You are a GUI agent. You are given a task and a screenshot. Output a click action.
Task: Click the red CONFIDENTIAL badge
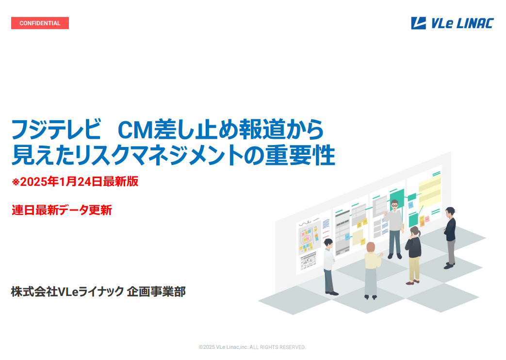(x=40, y=23)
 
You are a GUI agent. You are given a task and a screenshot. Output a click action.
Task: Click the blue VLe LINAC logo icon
(x=418, y=23)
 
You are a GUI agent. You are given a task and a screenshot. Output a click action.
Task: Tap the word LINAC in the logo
(x=475, y=23)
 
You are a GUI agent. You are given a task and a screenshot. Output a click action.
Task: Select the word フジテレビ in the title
(x=56, y=129)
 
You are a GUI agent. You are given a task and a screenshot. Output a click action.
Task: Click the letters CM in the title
(x=135, y=130)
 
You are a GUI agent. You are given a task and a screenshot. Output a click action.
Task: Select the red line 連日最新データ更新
(x=62, y=210)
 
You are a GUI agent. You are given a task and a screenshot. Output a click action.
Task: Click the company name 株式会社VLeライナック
(x=67, y=292)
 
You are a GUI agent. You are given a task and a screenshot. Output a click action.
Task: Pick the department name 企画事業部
(x=156, y=292)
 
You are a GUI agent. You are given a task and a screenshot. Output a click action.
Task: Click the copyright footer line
(x=252, y=347)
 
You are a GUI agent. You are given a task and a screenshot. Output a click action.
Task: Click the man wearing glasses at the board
(x=394, y=229)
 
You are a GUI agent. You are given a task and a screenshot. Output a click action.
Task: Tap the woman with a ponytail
(x=413, y=255)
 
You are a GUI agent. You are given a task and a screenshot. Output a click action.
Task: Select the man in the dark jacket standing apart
(x=450, y=238)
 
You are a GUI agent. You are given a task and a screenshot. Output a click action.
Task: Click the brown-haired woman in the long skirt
(x=371, y=270)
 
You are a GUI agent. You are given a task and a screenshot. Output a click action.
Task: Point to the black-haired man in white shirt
(x=330, y=267)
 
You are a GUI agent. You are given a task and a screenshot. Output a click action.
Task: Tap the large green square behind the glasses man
(x=397, y=198)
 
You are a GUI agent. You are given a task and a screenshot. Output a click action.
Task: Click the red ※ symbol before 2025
(x=16, y=182)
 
